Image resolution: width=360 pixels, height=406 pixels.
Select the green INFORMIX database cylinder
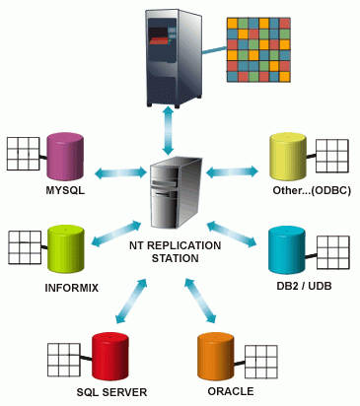coord(64,249)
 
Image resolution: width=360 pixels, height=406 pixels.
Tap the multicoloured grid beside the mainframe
coord(257,50)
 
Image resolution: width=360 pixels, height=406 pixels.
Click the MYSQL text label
coord(65,191)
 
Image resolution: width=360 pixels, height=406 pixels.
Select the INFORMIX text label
coord(72,288)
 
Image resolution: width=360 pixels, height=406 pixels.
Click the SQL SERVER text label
coord(111,391)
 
